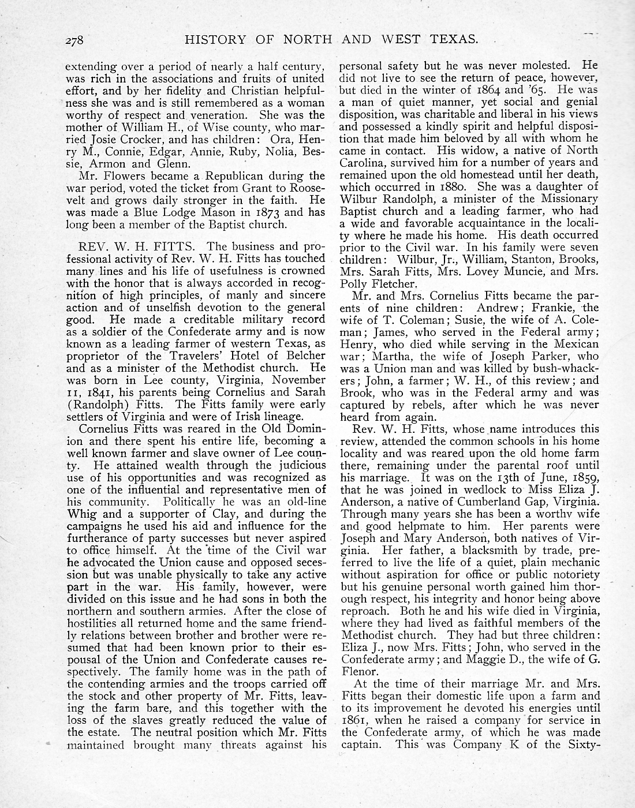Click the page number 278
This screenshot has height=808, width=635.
[75, 40]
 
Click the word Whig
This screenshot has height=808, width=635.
[82, 514]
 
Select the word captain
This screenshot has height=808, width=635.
[362, 745]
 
